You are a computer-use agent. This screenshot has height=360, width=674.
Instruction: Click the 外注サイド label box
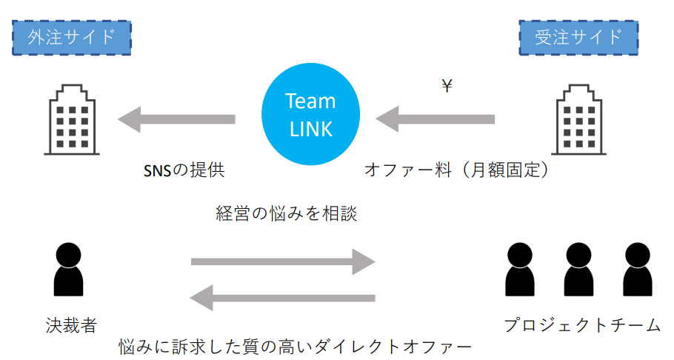coord(71,36)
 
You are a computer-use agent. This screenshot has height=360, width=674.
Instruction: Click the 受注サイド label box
coord(578,36)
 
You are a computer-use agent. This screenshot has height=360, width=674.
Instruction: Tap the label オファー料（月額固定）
coord(458,170)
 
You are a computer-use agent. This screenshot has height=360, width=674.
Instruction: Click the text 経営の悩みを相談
coord(287,214)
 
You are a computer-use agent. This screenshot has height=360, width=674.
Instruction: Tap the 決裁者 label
coord(70,324)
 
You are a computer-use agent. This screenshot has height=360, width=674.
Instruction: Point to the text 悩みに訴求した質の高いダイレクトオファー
coord(296,346)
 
